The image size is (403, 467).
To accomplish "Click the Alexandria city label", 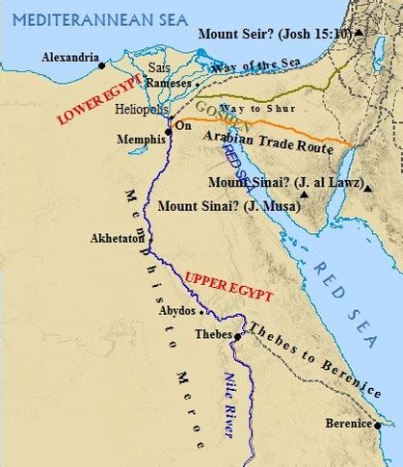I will [x=70, y=57].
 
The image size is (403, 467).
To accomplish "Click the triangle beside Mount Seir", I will [x=359, y=33].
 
